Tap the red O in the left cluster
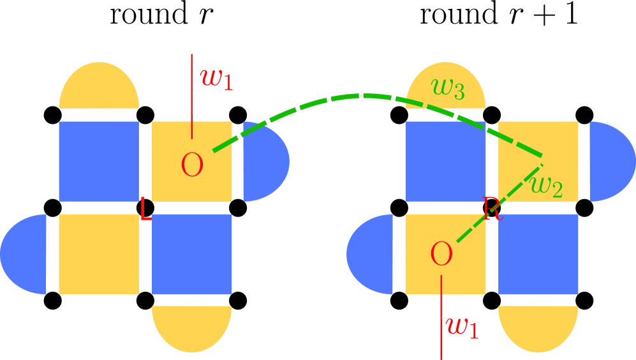tap(192, 166)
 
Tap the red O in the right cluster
tap(441, 255)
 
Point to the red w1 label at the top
tap(216, 78)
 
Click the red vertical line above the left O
tap(191, 96)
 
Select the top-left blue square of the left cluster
tap(99, 161)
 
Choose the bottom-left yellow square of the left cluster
tap(99, 254)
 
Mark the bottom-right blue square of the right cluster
tap(538, 254)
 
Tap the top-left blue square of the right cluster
tap(446, 161)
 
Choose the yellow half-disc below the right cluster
tap(538, 327)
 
